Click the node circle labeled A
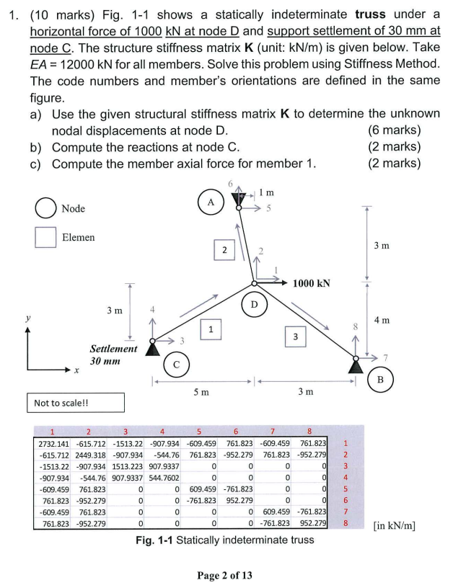pyautogui.click(x=211, y=202)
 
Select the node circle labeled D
pyautogui.click(x=254, y=305)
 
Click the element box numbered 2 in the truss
pyautogui.click(x=225, y=250)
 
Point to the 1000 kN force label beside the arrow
pyautogui.click(x=312, y=283)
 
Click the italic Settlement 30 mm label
pyautogui.click(x=113, y=354)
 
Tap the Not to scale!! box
pyautogui.click(x=74, y=402)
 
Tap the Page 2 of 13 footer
pyautogui.click(x=226, y=574)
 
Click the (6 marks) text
pyautogui.click(x=394, y=130)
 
